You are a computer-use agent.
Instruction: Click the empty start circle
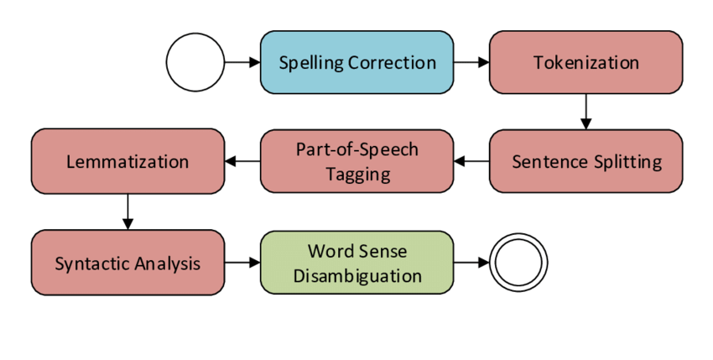click(195, 62)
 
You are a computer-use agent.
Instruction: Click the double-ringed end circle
click(519, 263)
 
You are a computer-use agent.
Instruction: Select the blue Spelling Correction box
click(356, 62)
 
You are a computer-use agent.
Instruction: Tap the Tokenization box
click(585, 62)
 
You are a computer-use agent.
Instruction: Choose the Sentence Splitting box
click(585, 161)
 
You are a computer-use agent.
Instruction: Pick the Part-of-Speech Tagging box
click(356, 161)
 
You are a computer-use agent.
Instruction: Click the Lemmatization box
click(128, 161)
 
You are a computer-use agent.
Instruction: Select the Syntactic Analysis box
click(128, 263)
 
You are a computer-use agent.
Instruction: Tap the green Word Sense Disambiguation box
click(356, 263)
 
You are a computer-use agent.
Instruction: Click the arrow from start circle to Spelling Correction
click(242, 62)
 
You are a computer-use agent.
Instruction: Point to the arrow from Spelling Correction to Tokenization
click(471, 62)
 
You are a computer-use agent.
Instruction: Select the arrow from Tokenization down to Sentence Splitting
click(585, 111)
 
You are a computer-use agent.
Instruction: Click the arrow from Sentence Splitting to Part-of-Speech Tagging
click(471, 161)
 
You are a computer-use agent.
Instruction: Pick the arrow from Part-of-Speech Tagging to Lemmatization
click(242, 161)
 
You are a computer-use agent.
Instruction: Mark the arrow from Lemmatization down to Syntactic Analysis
click(128, 211)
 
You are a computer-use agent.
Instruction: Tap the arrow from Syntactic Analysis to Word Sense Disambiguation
click(242, 263)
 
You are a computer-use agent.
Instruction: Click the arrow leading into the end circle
click(471, 263)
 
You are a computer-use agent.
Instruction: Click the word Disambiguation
click(356, 274)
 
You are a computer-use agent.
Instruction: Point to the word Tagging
click(356, 174)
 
